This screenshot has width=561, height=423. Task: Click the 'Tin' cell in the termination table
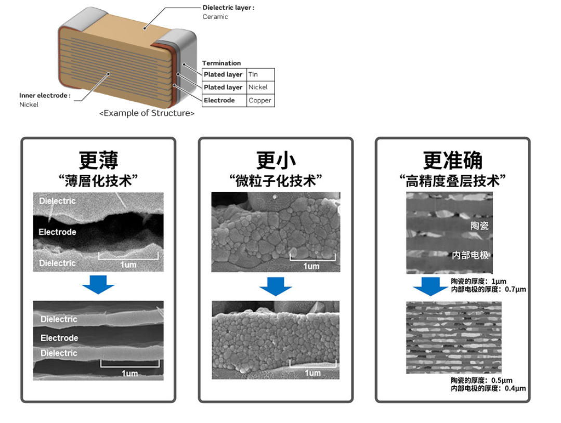click(253, 74)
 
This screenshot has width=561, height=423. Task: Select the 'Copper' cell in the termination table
click(259, 100)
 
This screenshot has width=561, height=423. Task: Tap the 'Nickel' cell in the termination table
click(258, 87)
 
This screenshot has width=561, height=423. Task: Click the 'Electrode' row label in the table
click(219, 100)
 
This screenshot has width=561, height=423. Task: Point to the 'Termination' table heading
click(221, 63)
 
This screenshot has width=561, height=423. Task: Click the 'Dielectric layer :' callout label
click(228, 8)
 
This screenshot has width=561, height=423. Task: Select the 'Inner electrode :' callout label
click(45, 96)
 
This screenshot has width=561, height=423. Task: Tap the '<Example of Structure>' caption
click(147, 113)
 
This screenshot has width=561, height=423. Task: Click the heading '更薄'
click(98, 160)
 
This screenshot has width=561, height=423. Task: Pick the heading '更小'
click(276, 160)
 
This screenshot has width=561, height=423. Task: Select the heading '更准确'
click(453, 160)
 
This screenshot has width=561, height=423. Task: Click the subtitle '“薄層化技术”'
click(98, 181)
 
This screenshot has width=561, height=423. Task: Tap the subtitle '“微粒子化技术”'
click(276, 181)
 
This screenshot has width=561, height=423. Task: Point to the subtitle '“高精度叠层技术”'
click(453, 181)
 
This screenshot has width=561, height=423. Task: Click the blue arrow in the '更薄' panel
click(98, 285)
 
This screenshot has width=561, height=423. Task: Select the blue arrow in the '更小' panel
click(276, 286)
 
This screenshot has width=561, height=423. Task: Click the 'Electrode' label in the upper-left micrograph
click(57, 232)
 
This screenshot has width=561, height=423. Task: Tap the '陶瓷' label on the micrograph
click(479, 226)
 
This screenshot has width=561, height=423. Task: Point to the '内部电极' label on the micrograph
click(471, 255)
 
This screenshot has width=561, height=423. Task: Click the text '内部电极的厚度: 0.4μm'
click(488, 388)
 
